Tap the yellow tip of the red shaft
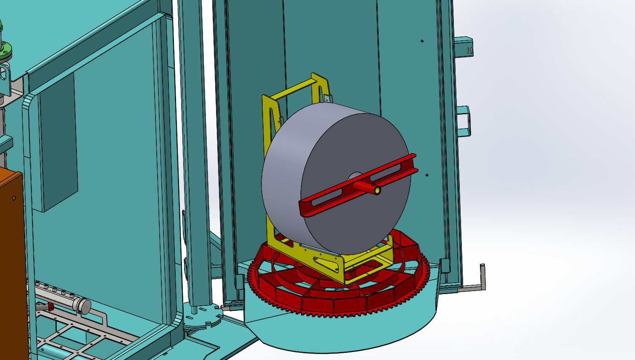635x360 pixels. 378,191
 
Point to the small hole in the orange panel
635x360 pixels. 14,198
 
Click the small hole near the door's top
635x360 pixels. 422,41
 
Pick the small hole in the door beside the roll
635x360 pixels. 427,175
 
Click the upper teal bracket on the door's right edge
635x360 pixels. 464,46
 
